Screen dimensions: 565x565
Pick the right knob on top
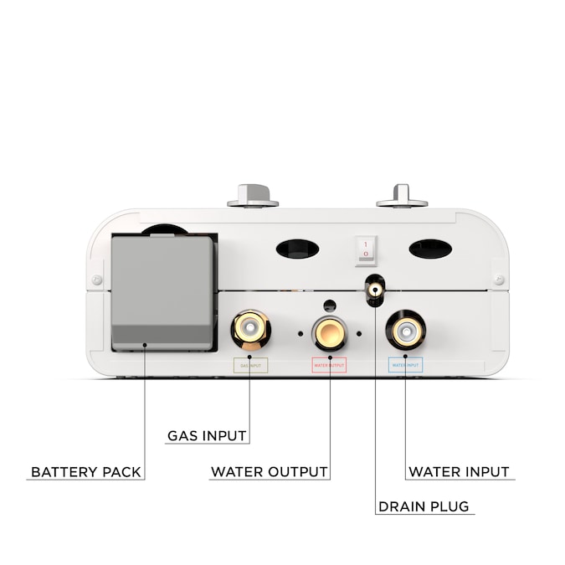coord(401,194)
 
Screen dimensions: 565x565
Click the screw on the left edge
coord(98,279)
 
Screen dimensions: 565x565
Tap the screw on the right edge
coord(499,279)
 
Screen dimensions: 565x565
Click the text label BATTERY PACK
coord(86,472)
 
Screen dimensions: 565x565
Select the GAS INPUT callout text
coord(207,436)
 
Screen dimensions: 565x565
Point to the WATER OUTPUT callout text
coord(269,472)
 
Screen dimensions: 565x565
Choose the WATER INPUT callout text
coord(459,472)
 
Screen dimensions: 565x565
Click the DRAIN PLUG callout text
coord(424,507)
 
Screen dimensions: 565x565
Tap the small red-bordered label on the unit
coord(328,365)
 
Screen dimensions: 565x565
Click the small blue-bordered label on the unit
coord(405,365)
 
